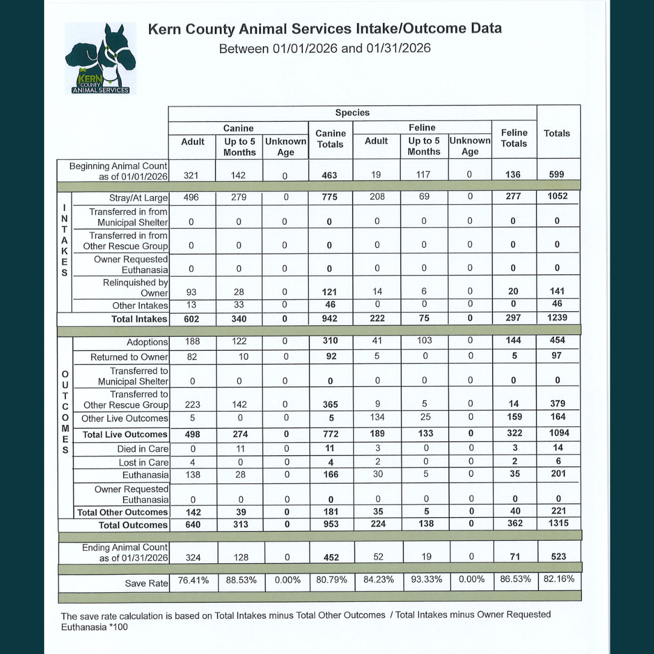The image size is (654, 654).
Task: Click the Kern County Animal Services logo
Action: pos(101,59)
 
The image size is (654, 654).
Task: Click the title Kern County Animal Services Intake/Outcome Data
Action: pos(325,29)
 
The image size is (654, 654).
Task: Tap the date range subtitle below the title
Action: pos(325,48)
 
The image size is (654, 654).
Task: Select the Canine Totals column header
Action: pos(331,139)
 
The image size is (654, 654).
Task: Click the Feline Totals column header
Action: pos(514,138)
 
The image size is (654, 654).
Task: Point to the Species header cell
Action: pos(352,113)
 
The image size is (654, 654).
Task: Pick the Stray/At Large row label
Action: pos(139,198)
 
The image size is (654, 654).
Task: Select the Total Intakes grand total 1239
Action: pos(557,319)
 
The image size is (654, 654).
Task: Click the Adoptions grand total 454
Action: pos(557,340)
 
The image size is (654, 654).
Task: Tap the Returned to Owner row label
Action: pos(129,357)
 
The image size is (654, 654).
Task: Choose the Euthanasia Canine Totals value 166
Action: pos(330,475)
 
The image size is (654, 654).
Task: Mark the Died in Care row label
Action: pos(143,449)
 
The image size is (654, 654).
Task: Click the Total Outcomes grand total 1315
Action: pos(557,523)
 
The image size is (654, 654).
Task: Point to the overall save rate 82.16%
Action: pos(558,579)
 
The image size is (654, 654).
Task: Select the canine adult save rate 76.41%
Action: pos(193,580)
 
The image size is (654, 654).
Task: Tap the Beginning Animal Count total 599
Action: pos(557,174)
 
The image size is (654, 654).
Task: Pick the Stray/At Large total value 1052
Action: pos(557,196)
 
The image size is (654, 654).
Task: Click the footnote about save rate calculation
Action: pos(306,621)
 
